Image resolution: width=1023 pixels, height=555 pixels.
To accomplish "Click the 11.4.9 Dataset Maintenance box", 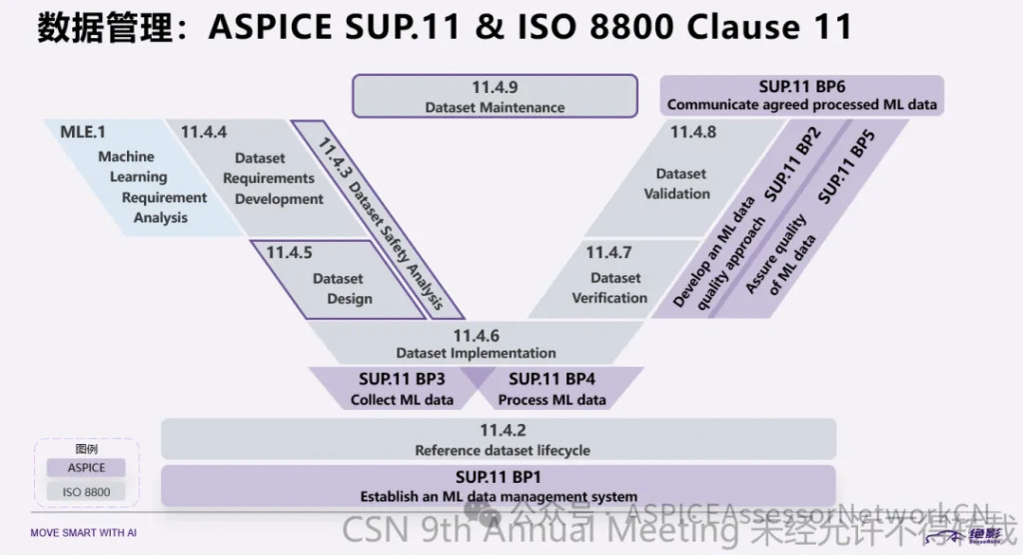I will click(x=495, y=96).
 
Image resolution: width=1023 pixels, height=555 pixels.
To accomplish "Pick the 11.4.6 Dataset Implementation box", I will click(x=476, y=344).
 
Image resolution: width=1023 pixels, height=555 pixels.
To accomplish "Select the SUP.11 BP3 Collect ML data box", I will click(x=401, y=389).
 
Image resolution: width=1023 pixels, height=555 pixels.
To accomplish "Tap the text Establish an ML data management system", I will click(x=499, y=496).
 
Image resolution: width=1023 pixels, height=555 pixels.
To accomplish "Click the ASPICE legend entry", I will click(x=85, y=467).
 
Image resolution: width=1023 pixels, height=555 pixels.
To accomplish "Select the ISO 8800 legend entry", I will click(x=85, y=491).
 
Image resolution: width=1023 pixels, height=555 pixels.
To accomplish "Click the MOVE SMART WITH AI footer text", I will click(x=83, y=533).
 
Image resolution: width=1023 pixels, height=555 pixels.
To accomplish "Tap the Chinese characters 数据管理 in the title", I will click(x=108, y=26).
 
